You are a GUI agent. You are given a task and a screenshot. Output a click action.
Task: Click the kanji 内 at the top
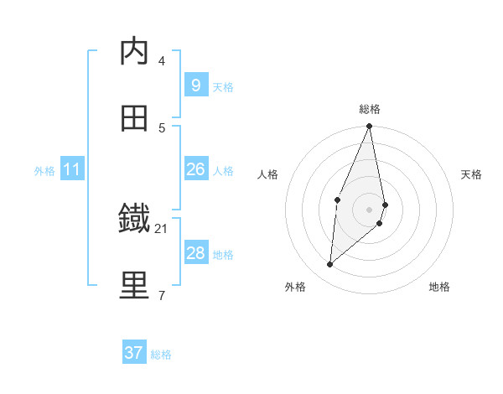(134, 52)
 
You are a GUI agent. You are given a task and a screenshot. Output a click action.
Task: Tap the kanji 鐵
(134, 220)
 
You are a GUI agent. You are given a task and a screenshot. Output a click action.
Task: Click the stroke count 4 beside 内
(162, 60)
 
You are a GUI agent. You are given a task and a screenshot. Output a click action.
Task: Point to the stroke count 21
(162, 228)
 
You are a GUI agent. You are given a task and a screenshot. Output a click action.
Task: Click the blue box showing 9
(195, 86)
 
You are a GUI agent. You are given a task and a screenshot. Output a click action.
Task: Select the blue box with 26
(195, 169)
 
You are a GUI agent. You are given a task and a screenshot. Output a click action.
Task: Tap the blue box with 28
(195, 253)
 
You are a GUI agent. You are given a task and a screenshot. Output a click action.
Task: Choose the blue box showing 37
(134, 353)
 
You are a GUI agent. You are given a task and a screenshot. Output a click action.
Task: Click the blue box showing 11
(72, 169)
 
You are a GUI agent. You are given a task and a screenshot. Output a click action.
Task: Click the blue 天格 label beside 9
(223, 86)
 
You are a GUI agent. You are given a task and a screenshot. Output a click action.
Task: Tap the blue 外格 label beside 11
(44, 170)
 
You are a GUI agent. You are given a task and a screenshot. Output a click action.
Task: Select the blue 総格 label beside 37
(161, 354)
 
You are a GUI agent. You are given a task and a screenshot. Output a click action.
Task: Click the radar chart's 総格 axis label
(370, 109)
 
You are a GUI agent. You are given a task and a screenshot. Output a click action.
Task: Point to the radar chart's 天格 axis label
(471, 174)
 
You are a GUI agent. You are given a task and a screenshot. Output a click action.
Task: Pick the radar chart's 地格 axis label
(439, 287)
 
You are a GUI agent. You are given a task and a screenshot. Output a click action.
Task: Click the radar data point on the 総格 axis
(370, 127)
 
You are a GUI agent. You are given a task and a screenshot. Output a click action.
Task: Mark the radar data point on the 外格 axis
(330, 265)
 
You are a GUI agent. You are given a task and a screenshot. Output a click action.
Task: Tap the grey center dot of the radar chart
(370, 209)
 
